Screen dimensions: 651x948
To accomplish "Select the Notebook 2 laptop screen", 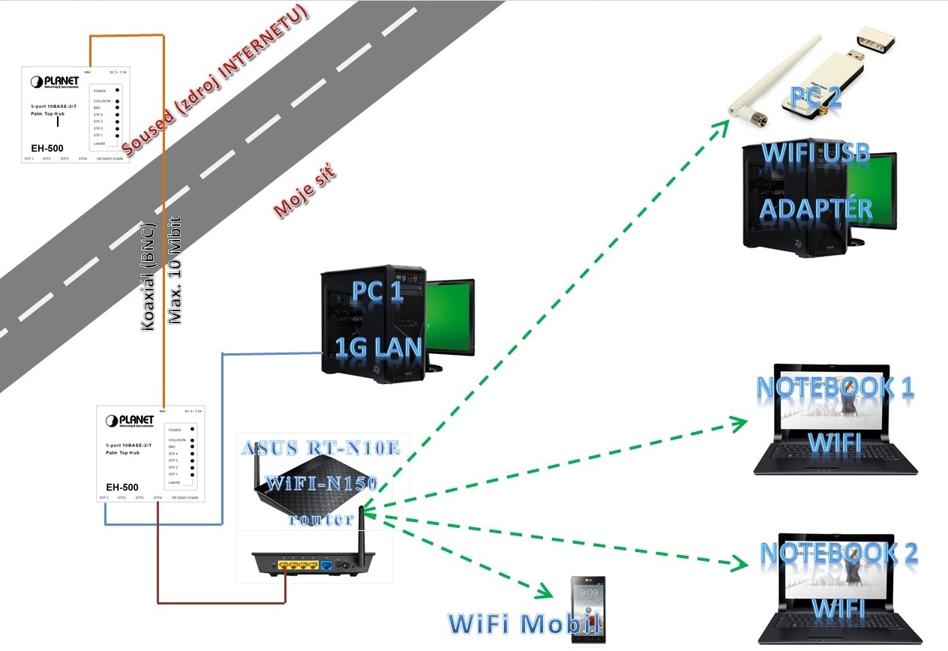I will click(x=835, y=574).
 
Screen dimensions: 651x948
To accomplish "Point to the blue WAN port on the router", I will click(x=327, y=564).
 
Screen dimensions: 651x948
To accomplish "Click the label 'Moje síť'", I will click(x=303, y=193).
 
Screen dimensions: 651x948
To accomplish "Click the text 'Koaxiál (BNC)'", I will click(x=148, y=277).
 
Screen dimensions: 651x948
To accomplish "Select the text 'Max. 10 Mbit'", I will click(x=175, y=271).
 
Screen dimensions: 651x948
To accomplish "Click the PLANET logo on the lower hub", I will click(x=130, y=420).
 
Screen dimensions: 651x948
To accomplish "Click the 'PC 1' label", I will click(x=377, y=292).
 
